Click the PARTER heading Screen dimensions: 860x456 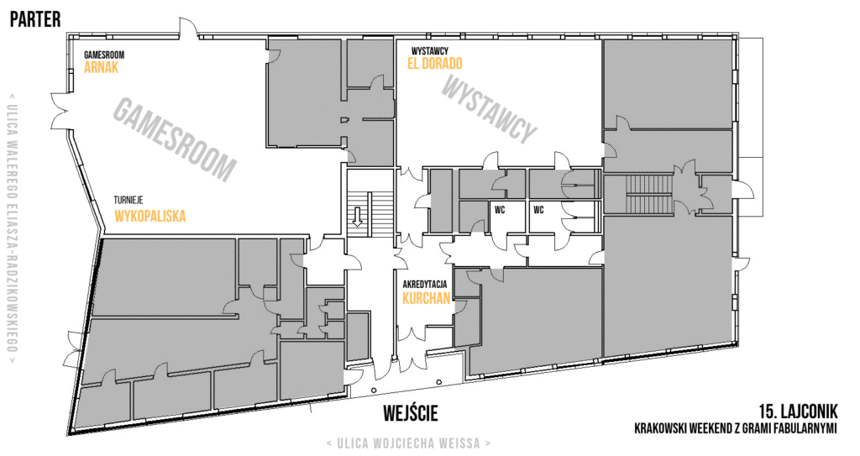35,19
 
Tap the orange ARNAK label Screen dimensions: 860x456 101,67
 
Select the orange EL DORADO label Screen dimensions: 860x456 434,64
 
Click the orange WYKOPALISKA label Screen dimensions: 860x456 149,216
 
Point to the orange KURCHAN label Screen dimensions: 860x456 426,298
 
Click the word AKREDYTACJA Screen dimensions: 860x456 424,284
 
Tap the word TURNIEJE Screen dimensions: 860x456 128,201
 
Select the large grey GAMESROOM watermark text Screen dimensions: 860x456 175,139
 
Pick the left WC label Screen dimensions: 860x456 499,210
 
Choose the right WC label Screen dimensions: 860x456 538,210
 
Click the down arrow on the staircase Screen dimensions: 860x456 358,216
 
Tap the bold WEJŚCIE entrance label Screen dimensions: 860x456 411,412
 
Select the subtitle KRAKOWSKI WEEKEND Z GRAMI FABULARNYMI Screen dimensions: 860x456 736,428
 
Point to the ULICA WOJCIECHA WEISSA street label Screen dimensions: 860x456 408,443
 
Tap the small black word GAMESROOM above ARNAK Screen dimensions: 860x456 103,55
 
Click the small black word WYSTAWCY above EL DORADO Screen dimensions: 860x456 429,51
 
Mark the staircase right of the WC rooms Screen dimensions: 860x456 649,193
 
